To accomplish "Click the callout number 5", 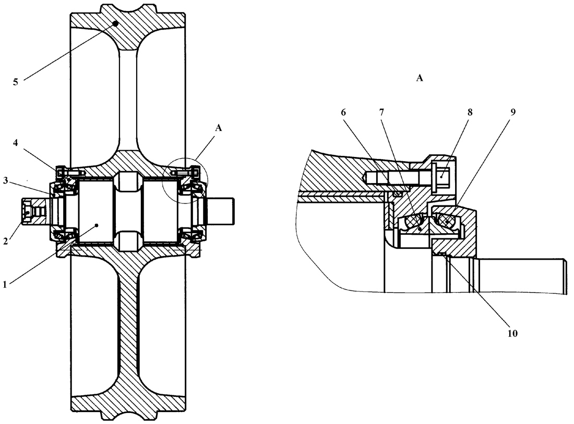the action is click(x=15, y=82).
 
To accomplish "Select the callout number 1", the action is click(x=5, y=284).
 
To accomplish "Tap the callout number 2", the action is click(x=6, y=241).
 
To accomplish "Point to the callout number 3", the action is click(x=6, y=180).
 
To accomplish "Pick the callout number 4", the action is click(x=15, y=143).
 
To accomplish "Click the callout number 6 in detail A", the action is click(x=343, y=112).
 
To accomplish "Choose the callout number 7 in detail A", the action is click(x=382, y=112).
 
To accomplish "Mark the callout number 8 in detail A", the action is click(x=470, y=112).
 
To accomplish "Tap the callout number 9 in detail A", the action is click(x=513, y=112).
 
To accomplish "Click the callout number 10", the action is click(x=512, y=333).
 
